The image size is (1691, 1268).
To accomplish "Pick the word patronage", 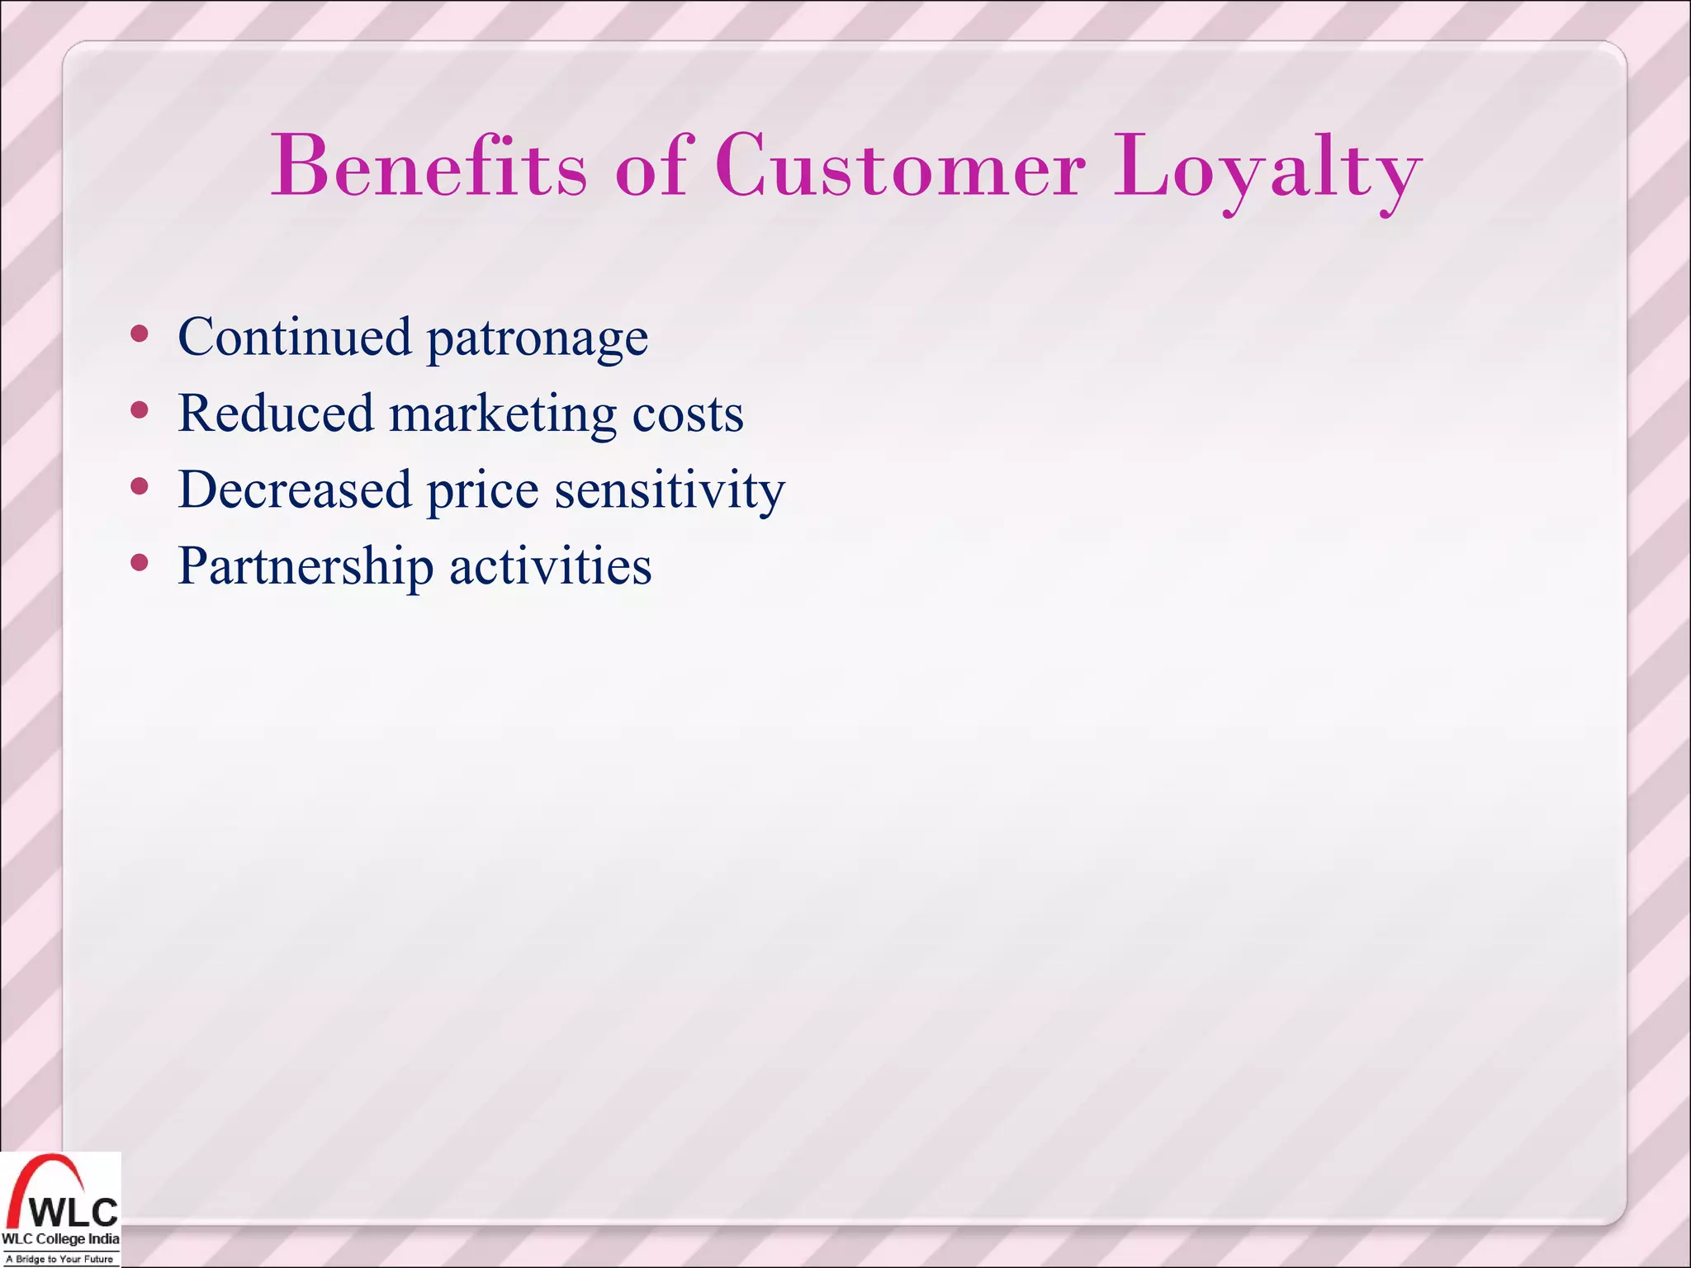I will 537,340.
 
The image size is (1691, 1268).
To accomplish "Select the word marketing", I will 502,415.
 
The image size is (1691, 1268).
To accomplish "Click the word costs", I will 687,415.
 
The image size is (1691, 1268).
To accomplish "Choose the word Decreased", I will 294,490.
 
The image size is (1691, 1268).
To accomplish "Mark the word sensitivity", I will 669,492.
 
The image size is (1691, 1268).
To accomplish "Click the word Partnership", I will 306,568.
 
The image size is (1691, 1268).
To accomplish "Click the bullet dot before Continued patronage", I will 140,334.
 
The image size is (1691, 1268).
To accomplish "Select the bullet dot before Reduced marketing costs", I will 140,410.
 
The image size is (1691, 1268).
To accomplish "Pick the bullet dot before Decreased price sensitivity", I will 140,487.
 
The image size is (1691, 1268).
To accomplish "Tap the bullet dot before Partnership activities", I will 140,563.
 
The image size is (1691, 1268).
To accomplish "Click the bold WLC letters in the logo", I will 73,1213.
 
